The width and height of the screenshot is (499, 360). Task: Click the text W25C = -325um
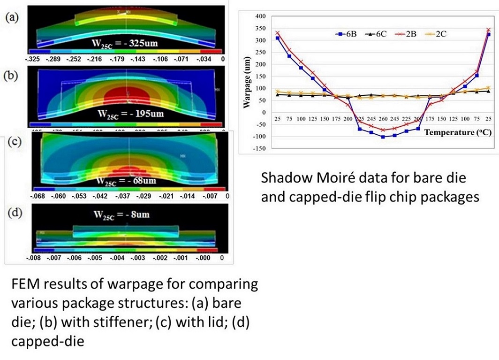click(x=125, y=45)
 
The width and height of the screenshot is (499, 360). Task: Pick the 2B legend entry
click(x=404, y=34)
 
